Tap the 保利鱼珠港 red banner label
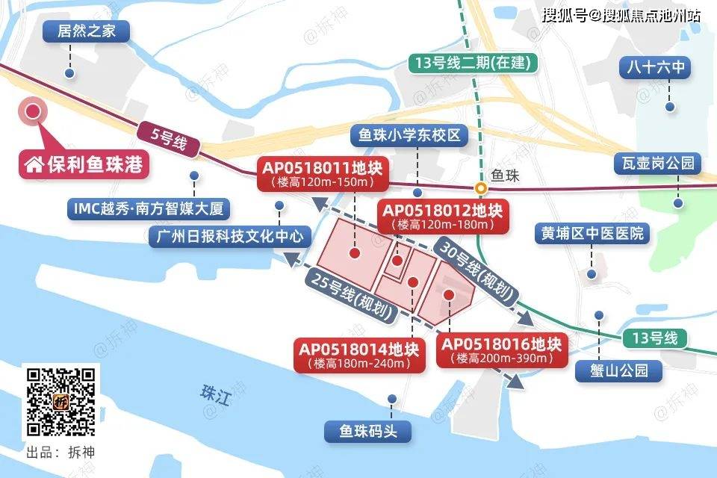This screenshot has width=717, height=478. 84,164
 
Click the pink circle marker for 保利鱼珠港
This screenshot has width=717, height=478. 33,112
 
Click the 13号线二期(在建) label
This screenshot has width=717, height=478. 472,63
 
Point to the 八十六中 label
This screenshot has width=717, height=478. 655,69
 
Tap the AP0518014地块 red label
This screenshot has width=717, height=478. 359,356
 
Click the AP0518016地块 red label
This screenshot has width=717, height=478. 501,351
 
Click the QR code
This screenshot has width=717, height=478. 61,401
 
